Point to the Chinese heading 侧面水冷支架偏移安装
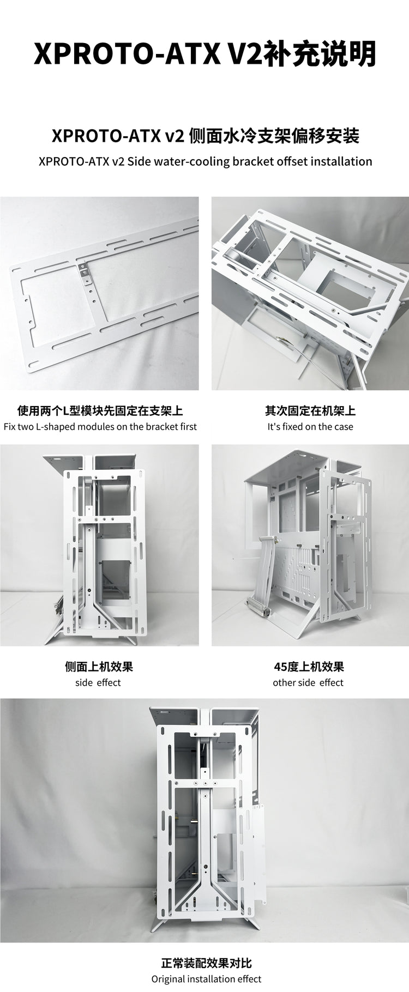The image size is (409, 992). [273, 136]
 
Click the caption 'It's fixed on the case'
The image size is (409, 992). [310, 427]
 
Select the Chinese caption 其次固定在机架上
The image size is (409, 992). [310, 410]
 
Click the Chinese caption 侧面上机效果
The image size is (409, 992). [99, 666]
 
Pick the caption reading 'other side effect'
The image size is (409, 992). [308, 682]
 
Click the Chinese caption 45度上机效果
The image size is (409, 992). [309, 666]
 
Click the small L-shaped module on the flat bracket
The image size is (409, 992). [85, 273]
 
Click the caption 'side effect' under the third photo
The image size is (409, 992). [98, 682]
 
